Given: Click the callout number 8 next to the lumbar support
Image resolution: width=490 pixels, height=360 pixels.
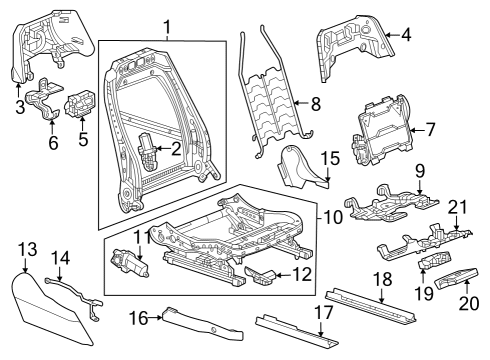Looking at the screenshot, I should click(x=314, y=102).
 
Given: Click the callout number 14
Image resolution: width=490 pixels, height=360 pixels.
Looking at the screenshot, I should click(x=60, y=257).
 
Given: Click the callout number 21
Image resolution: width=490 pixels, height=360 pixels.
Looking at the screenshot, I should click(x=459, y=207).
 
